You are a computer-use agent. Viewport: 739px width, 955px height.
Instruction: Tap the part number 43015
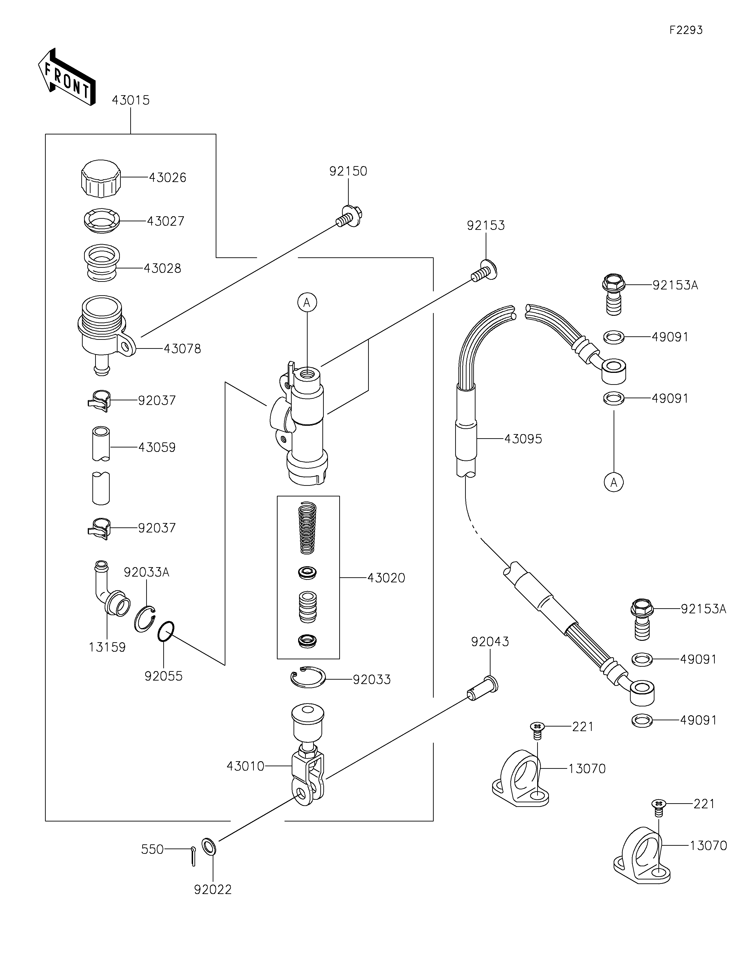[x=131, y=100]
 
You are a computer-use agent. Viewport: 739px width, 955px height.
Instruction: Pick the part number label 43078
[x=182, y=349]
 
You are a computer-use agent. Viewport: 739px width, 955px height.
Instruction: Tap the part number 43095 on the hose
[x=523, y=439]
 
